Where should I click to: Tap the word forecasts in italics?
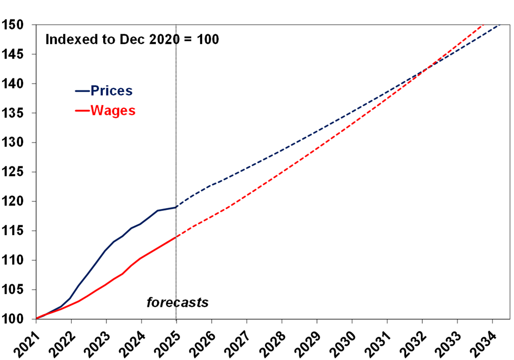(177, 303)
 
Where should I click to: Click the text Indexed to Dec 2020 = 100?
(132, 39)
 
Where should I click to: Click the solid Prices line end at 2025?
(176, 207)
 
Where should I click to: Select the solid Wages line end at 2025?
(176, 237)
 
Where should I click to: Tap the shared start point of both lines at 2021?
(36, 318)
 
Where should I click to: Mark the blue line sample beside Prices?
(82, 91)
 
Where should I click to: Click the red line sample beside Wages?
(82, 111)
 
